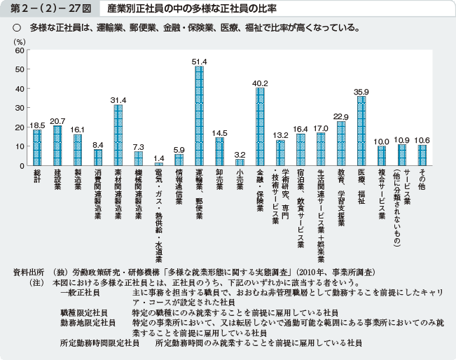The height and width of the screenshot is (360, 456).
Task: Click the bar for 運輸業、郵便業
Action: tap(200, 116)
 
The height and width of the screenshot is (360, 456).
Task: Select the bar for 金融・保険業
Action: tap(260, 127)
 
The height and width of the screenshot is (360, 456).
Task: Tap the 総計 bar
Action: tap(37, 148)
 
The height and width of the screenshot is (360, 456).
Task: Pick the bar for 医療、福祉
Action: tap(361, 131)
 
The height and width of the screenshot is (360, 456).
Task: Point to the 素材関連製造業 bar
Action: tap(118, 135)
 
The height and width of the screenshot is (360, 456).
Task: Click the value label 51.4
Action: tap(200, 62)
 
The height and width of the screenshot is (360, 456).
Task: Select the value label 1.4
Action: tap(158, 158)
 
